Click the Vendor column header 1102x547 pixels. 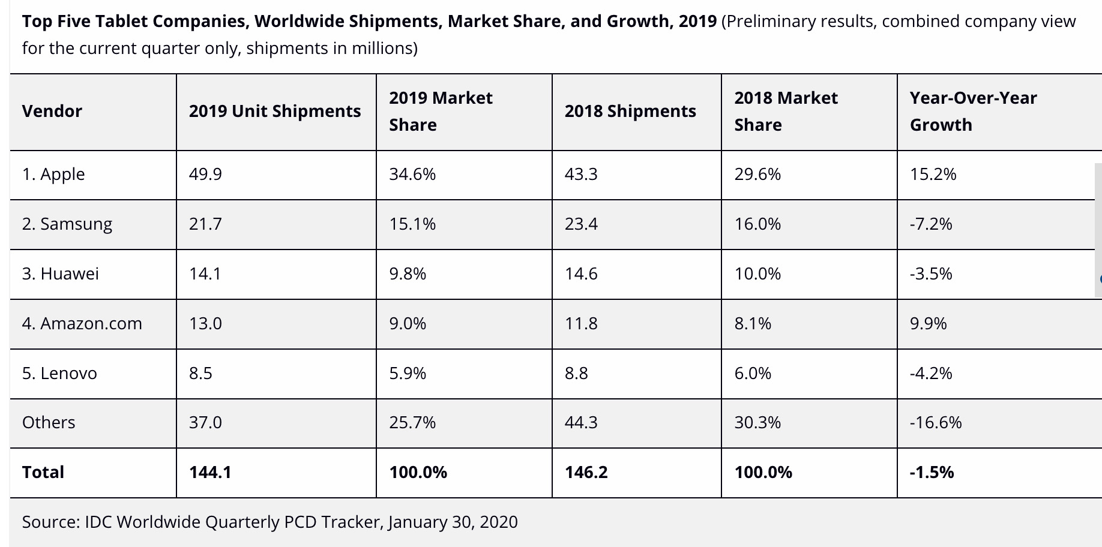pyautogui.click(x=52, y=112)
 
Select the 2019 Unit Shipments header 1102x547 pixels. pyautogui.click(x=275, y=112)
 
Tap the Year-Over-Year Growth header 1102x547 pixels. pyautogui.click(x=973, y=112)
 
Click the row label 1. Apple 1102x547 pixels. pyautogui.click(x=53, y=175)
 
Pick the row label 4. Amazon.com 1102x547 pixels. pyautogui.click(x=82, y=324)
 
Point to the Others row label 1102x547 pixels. pyautogui.click(x=49, y=423)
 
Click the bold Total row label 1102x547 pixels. pyautogui.click(x=43, y=473)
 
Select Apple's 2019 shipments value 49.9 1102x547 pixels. pyautogui.click(x=205, y=175)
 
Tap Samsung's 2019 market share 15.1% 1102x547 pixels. pyautogui.click(x=412, y=224)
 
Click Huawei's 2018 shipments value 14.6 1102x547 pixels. pyautogui.click(x=581, y=274)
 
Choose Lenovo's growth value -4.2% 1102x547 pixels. pyautogui.click(x=931, y=374)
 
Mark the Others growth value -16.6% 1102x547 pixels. pyautogui.click(x=936, y=423)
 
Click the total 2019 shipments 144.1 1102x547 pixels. pyautogui.click(x=210, y=473)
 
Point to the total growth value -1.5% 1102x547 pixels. pyautogui.click(x=932, y=473)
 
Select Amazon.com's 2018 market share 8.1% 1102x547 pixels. pyautogui.click(x=753, y=324)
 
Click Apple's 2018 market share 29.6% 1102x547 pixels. pyautogui.click(x=757, y=175)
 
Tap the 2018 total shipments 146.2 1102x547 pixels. pyautogui.click(x=586, y=473)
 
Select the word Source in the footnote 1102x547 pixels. pyautogui.click(x=51, y=522)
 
